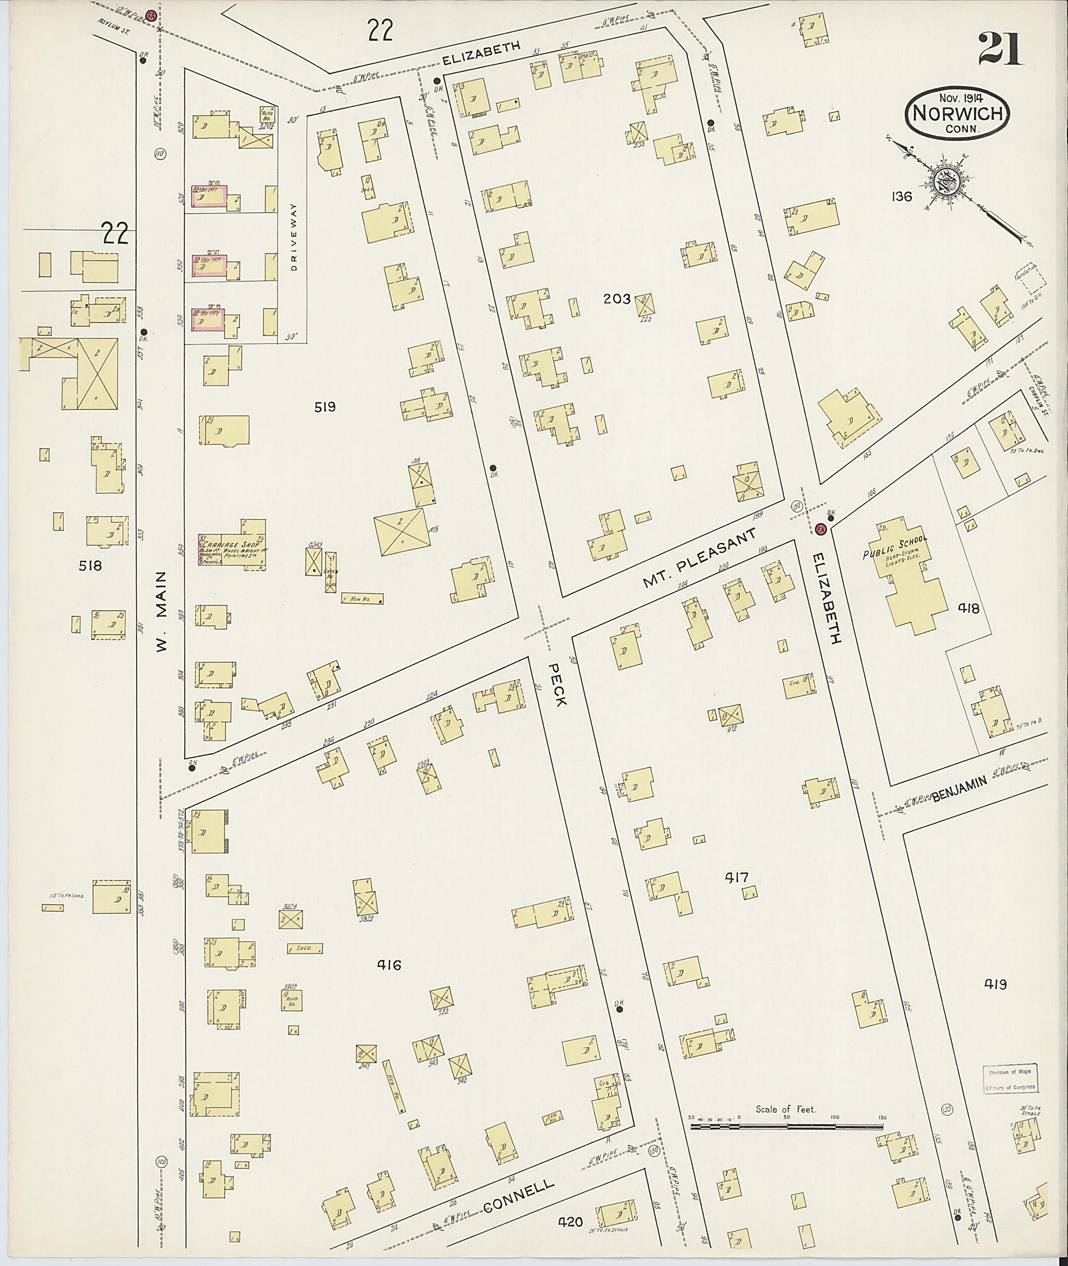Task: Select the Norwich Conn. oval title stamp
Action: coord(956,115)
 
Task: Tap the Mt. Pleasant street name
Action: coord(699,559)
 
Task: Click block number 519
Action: coord(324,407)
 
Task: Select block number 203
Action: coord(617,298)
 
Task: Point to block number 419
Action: coord(995,984)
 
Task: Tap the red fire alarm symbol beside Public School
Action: coord(821,528)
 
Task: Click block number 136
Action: coord(901,196)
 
